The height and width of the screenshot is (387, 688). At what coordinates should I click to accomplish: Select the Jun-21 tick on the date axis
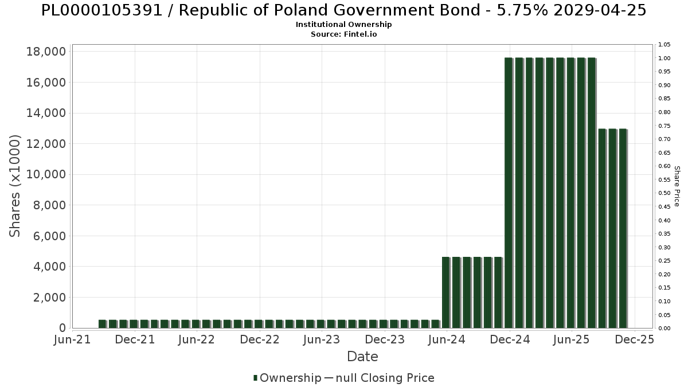[72, 339]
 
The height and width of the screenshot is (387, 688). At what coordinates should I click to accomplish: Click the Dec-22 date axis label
[260, 339]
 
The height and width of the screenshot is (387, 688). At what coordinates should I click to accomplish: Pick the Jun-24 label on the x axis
[447, 339]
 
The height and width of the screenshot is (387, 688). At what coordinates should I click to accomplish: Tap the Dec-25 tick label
[634, 339]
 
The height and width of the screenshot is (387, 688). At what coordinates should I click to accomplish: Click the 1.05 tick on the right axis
[664, 45]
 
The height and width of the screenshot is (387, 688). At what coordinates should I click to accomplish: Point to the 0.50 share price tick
[664, 193]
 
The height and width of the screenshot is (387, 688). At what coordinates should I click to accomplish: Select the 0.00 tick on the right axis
[664, 329]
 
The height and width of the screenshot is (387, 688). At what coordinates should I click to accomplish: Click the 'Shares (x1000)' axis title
[15, 186]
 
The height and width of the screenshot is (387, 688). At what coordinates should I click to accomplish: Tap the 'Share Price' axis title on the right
[677, 186]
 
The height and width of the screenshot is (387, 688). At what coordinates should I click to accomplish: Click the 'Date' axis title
[362, 357]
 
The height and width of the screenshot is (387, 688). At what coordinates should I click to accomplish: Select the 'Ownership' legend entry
[290, 378]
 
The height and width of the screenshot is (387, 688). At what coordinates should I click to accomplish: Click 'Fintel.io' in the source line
[360, 34]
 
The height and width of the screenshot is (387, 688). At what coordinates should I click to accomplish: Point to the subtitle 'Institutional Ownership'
[344, 25]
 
